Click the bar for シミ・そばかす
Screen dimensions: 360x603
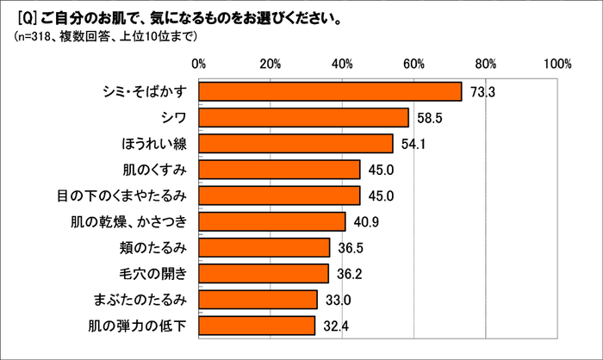click(x=330, y=91)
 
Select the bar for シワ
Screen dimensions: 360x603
click(x=303, y=117)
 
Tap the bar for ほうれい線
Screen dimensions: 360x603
click(x=295, y=143)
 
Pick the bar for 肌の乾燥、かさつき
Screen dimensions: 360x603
click(x=272, y=221)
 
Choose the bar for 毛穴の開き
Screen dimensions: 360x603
click(x=264, y=273)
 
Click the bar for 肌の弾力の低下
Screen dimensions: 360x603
click(x=257, y=326)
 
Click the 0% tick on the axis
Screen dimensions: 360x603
click(x=199, y=63)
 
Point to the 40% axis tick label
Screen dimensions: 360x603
click(x=342, y=63)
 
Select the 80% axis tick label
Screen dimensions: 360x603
click(x=486, y=63)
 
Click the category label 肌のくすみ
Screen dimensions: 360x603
click(x=160, y=170)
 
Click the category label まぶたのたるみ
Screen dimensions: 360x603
click(x=144, y=300)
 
